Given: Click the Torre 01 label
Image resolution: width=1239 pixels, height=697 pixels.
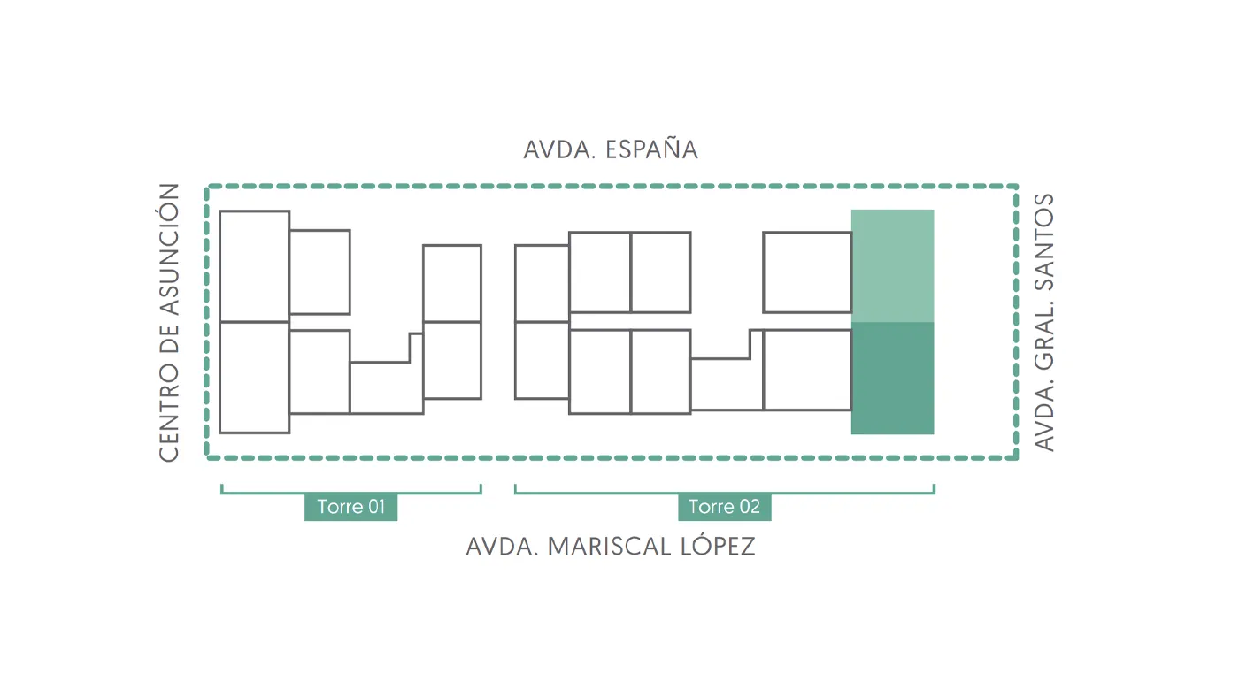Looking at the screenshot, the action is (350, 507).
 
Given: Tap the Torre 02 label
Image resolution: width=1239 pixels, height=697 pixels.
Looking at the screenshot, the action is (725, 507).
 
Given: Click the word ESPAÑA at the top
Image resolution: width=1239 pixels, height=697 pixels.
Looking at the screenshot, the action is (651, 149).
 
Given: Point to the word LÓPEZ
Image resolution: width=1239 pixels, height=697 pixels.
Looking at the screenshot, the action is (718, 545).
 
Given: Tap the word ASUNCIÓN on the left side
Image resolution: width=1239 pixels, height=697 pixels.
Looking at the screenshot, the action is (169, 249).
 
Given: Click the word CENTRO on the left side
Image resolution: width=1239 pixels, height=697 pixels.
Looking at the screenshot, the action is (169, 412).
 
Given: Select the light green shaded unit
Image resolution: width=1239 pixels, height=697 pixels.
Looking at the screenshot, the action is (893, 266).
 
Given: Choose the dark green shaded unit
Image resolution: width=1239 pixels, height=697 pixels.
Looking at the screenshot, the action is (893, 378).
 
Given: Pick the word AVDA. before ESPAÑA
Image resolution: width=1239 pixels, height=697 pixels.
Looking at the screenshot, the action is (559, 149).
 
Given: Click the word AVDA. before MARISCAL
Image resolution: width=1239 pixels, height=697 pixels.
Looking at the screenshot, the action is (503, 547).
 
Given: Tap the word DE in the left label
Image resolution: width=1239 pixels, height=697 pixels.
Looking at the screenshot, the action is (169, 340).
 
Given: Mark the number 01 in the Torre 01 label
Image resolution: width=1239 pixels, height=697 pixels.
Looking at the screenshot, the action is (376, 507).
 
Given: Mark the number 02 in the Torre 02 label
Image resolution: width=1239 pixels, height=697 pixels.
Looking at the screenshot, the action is (750, 507).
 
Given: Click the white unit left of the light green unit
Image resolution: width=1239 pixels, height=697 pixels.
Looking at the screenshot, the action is (807, 272).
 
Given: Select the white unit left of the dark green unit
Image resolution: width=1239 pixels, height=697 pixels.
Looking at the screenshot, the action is (807, 370).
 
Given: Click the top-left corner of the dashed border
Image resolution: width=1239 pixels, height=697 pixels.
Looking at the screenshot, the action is (207, 187).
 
